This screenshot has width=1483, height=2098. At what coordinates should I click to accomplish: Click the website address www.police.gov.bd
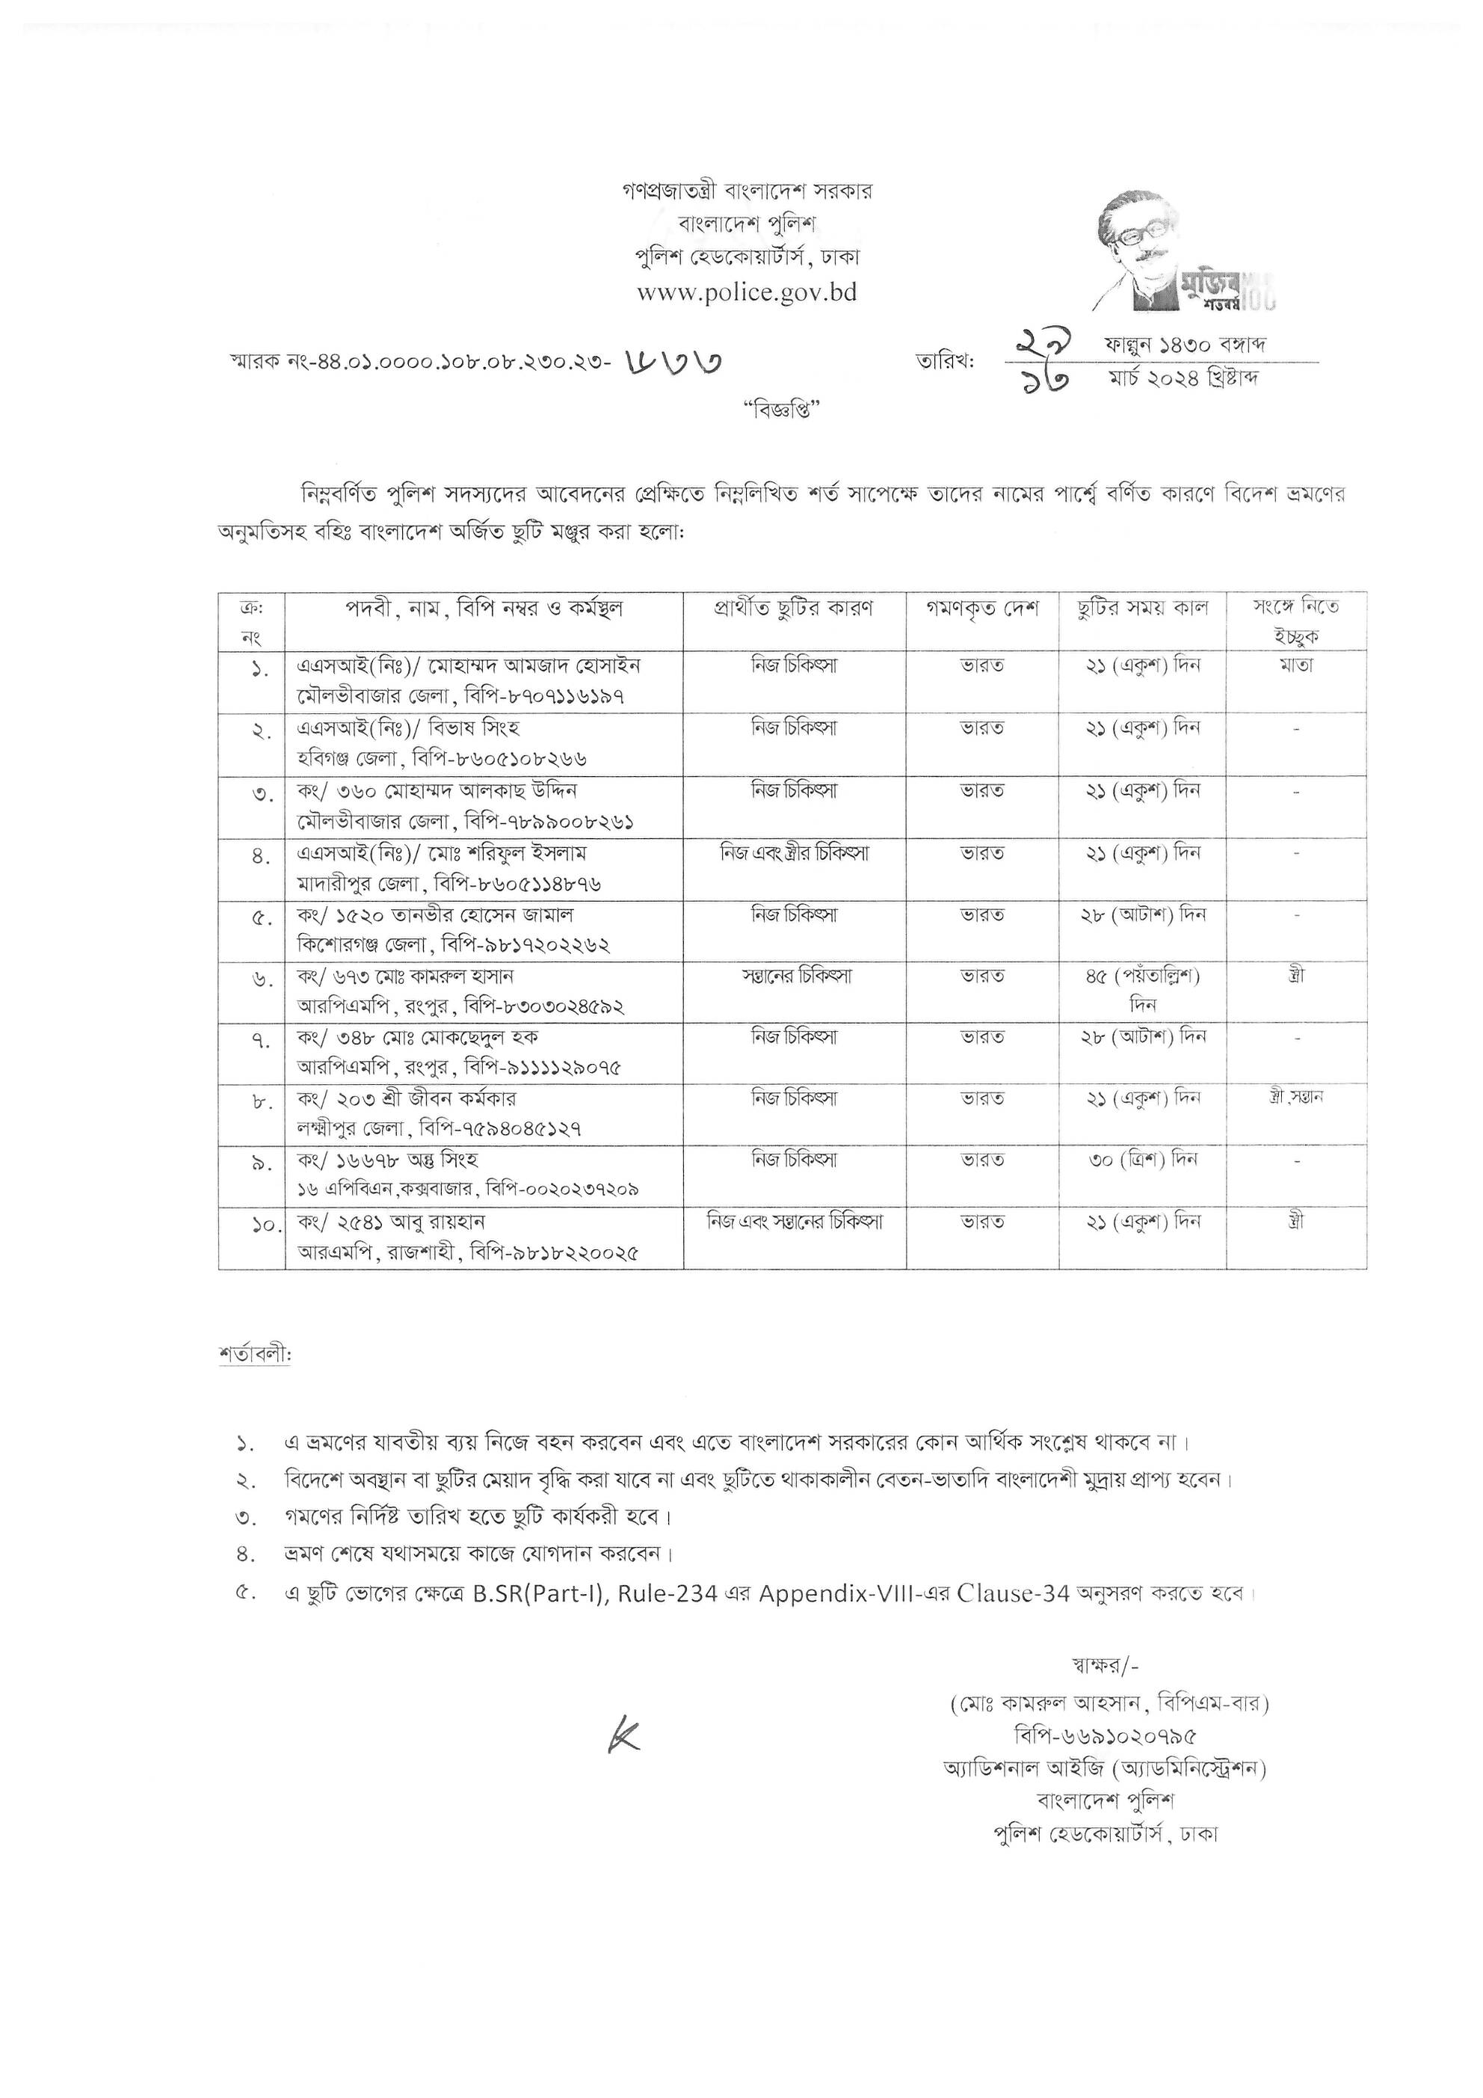(x=747, y=293)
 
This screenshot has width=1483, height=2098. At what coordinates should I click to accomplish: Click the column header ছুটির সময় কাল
(x=1142, y=609)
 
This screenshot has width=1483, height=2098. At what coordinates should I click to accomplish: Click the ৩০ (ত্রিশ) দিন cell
(x=1142, y=1160)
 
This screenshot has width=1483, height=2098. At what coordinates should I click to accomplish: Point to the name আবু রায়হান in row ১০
(x=426, y=1222)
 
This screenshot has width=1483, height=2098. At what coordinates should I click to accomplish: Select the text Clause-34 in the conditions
(x=1014, y=1593)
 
